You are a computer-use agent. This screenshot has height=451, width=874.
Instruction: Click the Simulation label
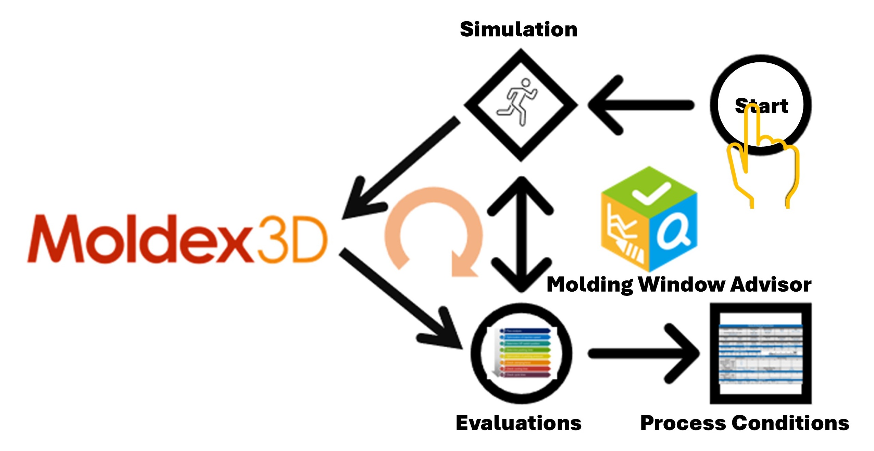[x=518, y=29]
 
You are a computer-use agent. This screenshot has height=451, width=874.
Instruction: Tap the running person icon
[x=517, y=102]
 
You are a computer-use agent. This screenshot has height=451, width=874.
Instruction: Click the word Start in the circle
[x=761, y=106]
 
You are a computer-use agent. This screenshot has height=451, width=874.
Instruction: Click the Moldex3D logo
[x=177, y=239]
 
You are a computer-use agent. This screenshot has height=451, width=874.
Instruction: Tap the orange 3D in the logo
[x=291, y=239]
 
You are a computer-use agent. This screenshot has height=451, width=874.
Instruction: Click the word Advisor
[x=771, y=284]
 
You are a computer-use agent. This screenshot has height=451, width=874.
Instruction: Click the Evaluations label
[x=519, y=423]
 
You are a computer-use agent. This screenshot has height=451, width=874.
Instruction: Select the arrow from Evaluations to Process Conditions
[x=644, y=354]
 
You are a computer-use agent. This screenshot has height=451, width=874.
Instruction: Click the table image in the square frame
[x=760, y=354]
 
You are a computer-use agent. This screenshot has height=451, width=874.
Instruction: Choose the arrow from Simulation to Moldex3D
[x=401, y=168]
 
